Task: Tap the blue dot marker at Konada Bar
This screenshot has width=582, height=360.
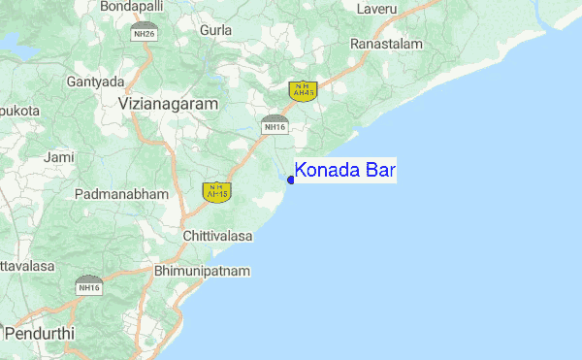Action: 291,180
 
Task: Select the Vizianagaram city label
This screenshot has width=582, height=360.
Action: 168,102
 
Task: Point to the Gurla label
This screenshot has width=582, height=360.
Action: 215,30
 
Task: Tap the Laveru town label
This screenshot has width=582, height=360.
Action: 377,9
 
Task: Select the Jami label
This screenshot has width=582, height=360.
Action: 59,156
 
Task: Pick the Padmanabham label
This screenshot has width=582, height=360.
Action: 121,194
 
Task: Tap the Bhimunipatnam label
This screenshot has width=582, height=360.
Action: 203,271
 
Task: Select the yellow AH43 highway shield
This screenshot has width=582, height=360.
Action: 303,90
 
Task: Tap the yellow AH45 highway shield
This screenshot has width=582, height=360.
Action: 216,191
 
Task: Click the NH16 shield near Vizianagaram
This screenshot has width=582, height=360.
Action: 274,124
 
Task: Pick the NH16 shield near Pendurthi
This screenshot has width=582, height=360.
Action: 89,286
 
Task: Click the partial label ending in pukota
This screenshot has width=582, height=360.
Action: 19,111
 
